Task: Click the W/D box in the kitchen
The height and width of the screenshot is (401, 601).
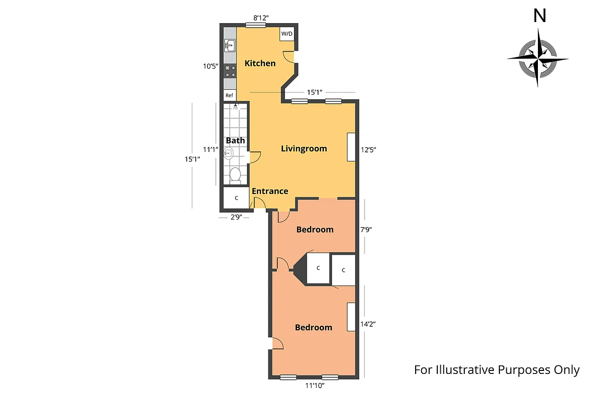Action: (x=287, y=34)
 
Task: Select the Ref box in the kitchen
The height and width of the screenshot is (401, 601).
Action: (x=229, y=95)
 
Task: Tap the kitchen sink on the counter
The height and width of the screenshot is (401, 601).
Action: (x=229, y=46)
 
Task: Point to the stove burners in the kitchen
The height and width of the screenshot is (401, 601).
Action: (x=230, y=71)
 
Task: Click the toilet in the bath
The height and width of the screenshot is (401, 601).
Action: (x=235, y=175)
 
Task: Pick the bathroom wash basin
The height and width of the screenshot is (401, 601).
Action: (x=229, y=153)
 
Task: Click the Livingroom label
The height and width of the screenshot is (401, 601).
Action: (x=304, y=148)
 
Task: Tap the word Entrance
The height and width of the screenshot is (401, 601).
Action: (x=269, y=191)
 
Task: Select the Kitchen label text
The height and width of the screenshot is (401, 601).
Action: (x=260, y=63)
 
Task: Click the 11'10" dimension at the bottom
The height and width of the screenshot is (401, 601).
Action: (x=315, y=385)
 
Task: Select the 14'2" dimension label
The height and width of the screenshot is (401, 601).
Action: (x=368, y=324)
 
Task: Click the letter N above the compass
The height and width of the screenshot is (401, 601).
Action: (x=539, y=17)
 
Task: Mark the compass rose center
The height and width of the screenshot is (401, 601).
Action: (x=537, y=59)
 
